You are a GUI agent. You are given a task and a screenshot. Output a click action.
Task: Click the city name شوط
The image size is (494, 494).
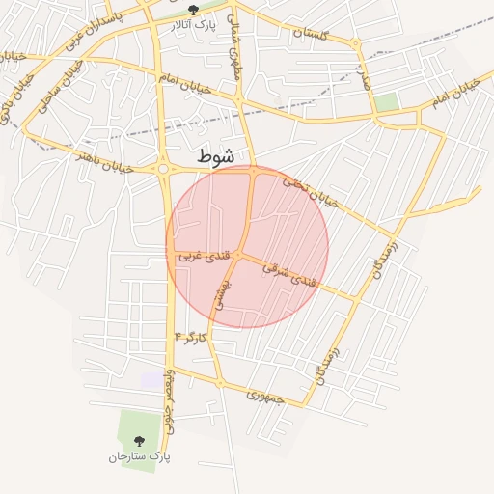point(215,155)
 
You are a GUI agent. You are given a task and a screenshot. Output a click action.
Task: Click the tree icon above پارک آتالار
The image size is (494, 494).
point(194,9)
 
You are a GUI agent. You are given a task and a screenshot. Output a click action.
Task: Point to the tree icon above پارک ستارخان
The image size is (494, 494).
point(139,441)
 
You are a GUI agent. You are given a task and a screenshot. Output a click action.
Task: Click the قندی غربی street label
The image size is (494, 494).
point(204,257)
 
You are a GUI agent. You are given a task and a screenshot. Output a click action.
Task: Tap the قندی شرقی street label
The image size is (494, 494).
point(289,274)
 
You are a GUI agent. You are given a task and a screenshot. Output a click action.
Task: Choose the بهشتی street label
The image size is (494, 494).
point(221,293)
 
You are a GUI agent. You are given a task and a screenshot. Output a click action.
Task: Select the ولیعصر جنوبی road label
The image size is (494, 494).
point(172,397)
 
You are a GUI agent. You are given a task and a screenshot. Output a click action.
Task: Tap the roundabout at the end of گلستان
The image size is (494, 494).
point(356,44)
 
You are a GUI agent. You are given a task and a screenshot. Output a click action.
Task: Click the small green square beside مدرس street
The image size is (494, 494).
point(387,101)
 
